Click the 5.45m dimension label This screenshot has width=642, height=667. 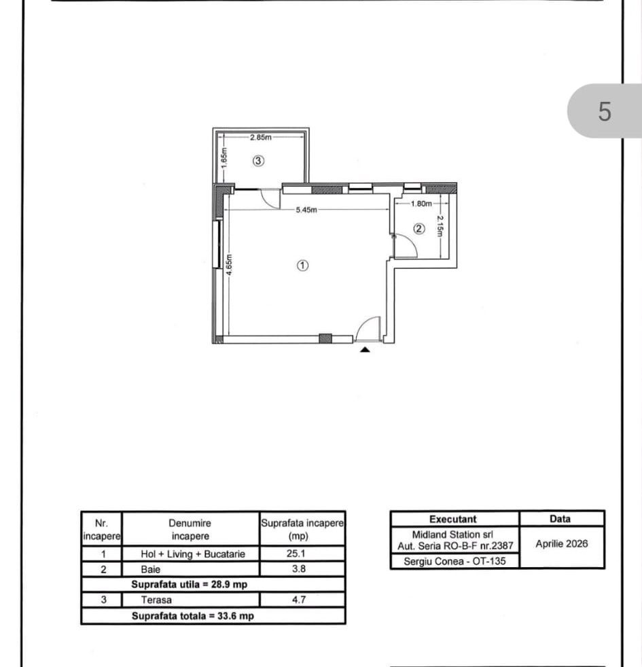click(x=306, y=210)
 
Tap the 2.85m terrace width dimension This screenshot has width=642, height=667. click(x=260, y=137)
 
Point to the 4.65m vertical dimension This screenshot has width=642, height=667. click(x=230, y=265)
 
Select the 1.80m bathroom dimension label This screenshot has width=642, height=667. click(x=421, y=204)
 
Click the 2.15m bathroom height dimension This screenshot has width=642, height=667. click(x=440, y=226)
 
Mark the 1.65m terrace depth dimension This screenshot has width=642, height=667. click(x=225, y=158)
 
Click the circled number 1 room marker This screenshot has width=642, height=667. click(x=302, y=266)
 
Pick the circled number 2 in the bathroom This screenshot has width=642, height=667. click(x=419, y=229)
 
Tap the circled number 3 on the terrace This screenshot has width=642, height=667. click(x=258, y=161)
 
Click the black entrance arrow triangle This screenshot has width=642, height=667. click(x=365, y=350)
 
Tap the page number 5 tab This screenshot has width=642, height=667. click(x=605, y=111)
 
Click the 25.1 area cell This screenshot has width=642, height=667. click(x=296, y=554)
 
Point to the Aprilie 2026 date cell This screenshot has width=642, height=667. click(x=562, y=544)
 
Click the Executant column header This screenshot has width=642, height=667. click(x=453, y=519)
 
